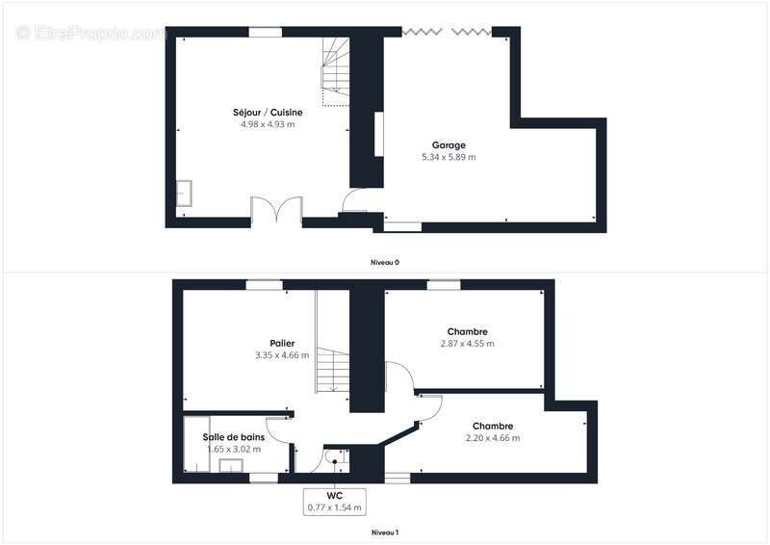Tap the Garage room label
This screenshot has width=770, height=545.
(449, 145)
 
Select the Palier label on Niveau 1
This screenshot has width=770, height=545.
(282, 344)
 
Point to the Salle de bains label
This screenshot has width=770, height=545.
(234, 437)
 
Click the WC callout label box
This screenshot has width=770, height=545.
(335, 502)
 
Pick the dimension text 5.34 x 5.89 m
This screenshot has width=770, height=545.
(449, 157)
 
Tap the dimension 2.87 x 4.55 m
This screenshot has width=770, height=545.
(467, 344)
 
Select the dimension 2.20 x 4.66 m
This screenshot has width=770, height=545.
(492, 438)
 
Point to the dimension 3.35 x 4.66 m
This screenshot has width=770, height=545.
(282, 355)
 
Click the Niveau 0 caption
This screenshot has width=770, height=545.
(385, 262)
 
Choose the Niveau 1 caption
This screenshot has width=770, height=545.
(385, 532)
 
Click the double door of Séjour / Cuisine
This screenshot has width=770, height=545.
(277, 211)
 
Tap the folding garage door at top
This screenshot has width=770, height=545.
(447, 33)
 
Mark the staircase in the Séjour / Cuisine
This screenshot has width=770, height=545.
(335, 71)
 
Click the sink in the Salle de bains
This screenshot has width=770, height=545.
(231, 466)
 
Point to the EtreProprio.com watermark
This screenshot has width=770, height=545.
(91, 33)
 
